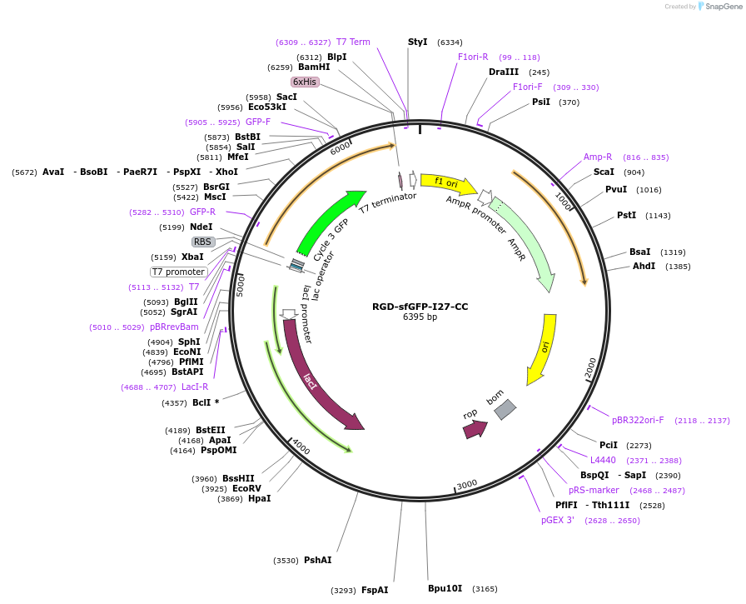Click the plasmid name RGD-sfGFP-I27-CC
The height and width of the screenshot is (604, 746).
pyautogui.click(x=420, y=307)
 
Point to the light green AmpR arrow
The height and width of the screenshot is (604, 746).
pyautogui.click(x=525, y=247)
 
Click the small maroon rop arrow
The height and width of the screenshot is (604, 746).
pyautogui.click(x=474, y=429)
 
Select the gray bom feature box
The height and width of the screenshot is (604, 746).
pyautogui.click(x=505, y=409)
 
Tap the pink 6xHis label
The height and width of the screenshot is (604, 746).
pyautogui.click(x=304, y=82)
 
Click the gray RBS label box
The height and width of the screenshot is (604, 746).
pyautogui.click(x=203, y=242)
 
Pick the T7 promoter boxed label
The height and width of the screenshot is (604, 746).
pyautogui.click(x=178, y=272)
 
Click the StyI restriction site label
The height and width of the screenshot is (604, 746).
pyautogui.click(x=417, y=42)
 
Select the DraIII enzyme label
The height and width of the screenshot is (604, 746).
pyautogui.click(x=504, y=72)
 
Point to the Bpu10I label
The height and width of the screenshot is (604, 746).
pyautogui.click(x=445, y=588)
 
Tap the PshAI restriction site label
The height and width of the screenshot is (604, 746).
pyautogui.click(x=317, y=560)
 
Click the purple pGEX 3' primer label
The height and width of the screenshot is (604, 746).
pyautogui.click(x=558, y=520)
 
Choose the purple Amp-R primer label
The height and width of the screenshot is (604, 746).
pyautogui.click(x=598, y=157)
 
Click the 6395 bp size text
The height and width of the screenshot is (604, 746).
pyautogui.click(x=420, y=317)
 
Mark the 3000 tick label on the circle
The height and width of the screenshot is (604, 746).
pyautogui.click(x=466, y=484)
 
